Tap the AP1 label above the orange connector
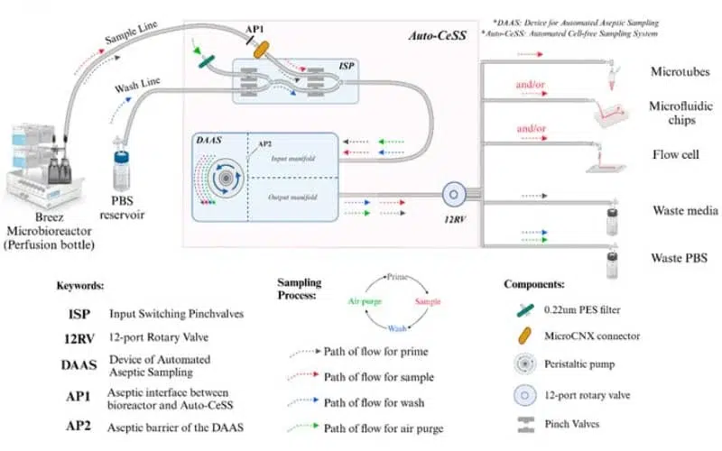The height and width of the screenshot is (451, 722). pyautogui.click(x=255, y=29)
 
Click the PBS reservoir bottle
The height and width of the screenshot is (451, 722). pyautogui.click(x=124, y=167)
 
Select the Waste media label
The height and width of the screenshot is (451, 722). pyautogui.click(x=684, y=211)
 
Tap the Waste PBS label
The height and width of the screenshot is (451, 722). pyautogui.click(x=680, y=257)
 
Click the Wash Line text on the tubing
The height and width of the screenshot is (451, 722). pyautogui.click(x=139, y=88)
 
